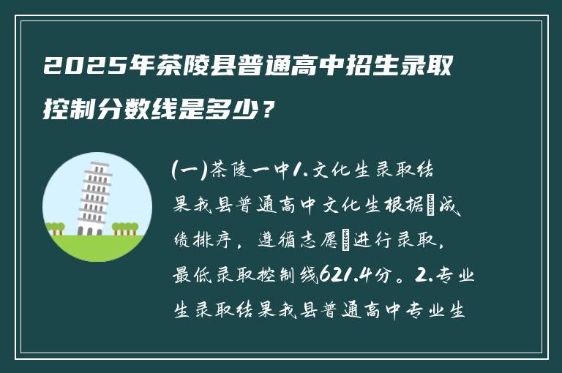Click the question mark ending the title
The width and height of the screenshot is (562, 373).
pos(270,111)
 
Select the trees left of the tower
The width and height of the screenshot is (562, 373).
pos(56,228)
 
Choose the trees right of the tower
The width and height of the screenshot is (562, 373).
pos(126,227)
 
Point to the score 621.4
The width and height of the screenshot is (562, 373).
pos(346,275)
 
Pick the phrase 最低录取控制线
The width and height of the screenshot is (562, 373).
pos(245,275)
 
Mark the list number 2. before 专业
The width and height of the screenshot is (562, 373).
pos(421,275)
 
